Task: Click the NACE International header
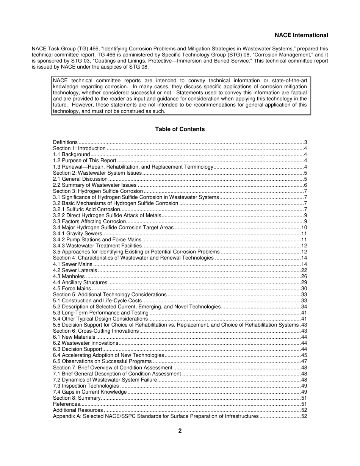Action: (x=301, y=35)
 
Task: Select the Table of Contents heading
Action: (x=180, y=129)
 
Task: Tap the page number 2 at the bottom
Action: (x=180, y=431)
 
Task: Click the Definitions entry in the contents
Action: (x=65, y=142)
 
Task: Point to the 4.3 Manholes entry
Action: (x=69, y=277)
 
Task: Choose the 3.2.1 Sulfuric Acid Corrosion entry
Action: (x=86, y=210)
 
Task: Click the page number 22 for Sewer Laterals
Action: (x=304, y=271)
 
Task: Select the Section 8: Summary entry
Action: (x=77, y=398)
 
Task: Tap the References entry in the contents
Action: (x=66, y=404)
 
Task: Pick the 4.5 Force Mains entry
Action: (x=72, y=289)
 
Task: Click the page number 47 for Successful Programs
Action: (x=304, y=361)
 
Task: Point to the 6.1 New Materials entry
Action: (x=74, y=337)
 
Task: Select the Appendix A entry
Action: (x=156, y=416)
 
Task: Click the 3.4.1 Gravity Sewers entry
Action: (x=77, y=234)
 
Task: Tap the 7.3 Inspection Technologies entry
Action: (x=86, y=386)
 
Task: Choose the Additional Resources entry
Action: (x=78, y=410)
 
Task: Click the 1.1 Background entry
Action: (x=71, y=155)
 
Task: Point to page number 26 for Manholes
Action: (x=304, y=277)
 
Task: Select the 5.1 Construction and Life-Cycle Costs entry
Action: (x=97, y=301)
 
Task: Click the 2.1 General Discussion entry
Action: (x=80, y=179)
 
